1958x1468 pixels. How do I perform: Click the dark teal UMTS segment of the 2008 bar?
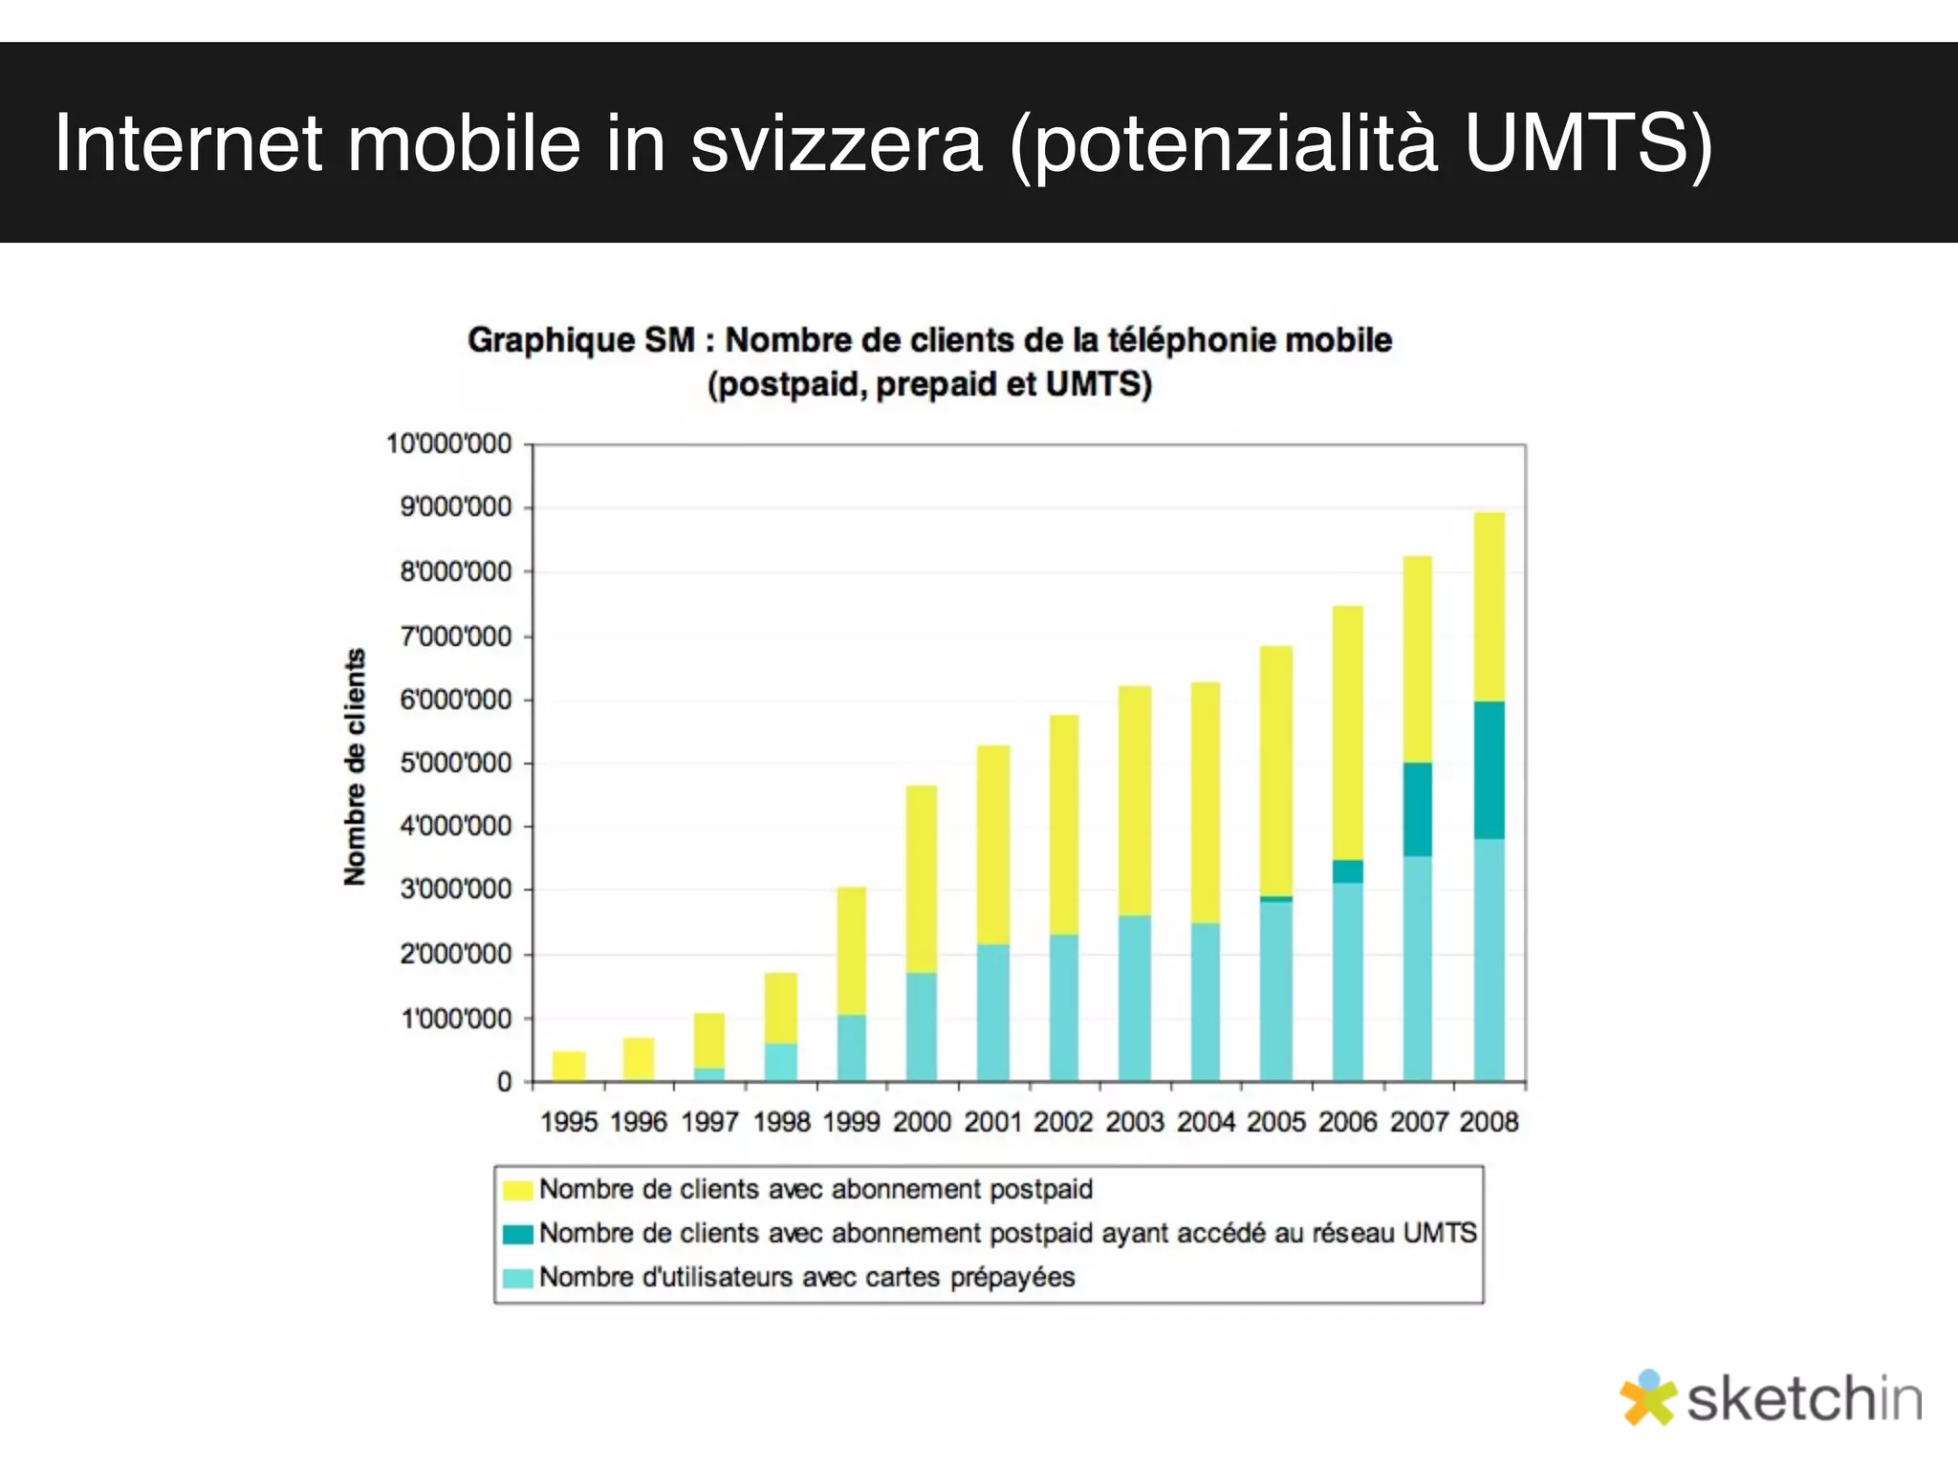coord(1489,769)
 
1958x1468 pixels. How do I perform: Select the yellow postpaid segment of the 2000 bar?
coord(922,879)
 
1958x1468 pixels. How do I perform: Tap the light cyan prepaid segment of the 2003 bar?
coord(1135,999)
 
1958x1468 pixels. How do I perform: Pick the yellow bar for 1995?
coord(569,1066)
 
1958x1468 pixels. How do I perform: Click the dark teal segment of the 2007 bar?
coord(1417,809)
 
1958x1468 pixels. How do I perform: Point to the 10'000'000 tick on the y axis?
coord(448,444)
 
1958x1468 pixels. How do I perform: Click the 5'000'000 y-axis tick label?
coord(455,764)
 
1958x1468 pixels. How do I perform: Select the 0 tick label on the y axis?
coord(504,1083)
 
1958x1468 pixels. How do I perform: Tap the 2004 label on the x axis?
coord(1206,1122)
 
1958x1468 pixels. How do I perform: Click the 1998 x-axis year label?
coord(781,1122)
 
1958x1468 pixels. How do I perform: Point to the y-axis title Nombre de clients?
coord(355,766)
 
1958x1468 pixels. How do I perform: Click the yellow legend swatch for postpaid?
coord(517,1191)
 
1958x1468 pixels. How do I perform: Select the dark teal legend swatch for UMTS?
coord(517,1234)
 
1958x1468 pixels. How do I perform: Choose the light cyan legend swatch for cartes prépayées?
coord(517,1278)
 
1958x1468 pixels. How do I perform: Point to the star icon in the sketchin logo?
coord(1647,1398)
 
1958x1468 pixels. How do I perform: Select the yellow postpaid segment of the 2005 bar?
coord(1275,770)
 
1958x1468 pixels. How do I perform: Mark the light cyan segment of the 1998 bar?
coord(780,1062)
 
